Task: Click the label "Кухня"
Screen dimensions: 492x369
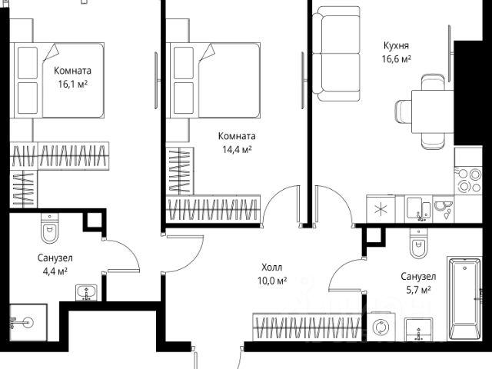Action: (397, 45)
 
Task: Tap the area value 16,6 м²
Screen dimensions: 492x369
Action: (397, 58)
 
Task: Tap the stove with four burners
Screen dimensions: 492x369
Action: (467, 180)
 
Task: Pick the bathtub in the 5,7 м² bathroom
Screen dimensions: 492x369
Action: (467, 301)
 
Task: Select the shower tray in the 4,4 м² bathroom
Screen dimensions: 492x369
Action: (28, 323)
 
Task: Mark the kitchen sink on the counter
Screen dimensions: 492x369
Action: (417, 206)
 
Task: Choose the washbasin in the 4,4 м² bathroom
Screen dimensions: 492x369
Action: (85, 293)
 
